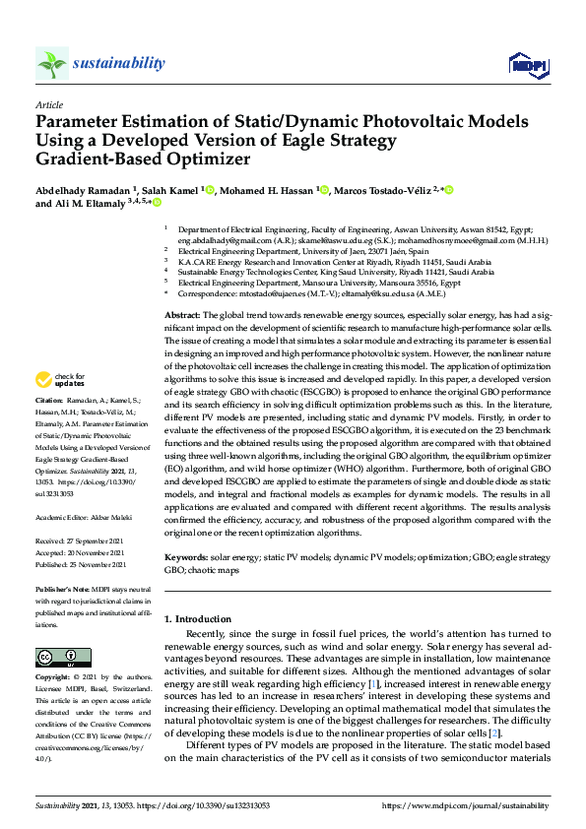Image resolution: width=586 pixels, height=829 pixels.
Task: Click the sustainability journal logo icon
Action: (x=51, y=64)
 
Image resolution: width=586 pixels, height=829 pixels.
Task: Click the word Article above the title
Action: (x=49, y=104)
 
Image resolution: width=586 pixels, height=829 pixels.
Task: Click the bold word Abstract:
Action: (x=183, y=312)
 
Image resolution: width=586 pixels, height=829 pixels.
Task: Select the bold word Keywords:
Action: (x=187, y=558)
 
